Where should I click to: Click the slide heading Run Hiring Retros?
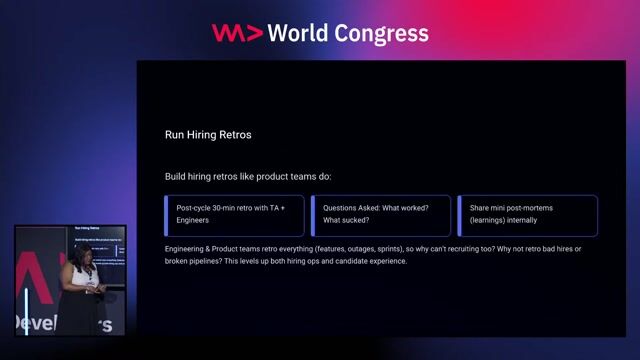pos(208,133)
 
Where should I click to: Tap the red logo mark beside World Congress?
pos(237,33)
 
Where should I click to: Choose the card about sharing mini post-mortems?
pos(527,214)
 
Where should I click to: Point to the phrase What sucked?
pos(346,220)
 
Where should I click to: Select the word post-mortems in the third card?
pos(529,208)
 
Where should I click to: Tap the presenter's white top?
pos(79,274)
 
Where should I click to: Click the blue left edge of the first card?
pos(166,214)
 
